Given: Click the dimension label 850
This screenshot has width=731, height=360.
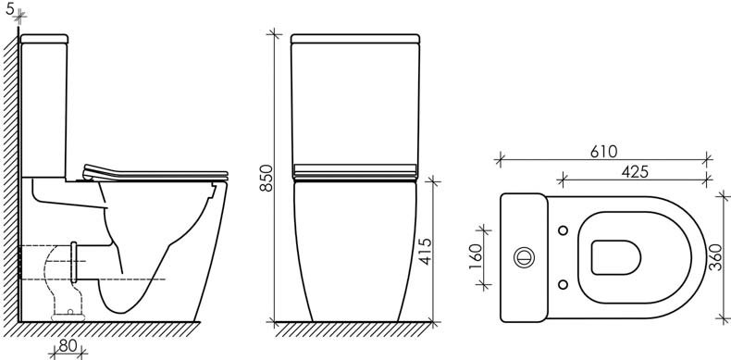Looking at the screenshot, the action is click(266, 178).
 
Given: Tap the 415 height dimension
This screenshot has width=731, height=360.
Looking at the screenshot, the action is click(425, 252).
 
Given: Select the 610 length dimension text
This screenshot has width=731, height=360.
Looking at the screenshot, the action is click(603, 152).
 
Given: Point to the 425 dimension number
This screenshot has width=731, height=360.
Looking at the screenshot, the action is click(635, 172).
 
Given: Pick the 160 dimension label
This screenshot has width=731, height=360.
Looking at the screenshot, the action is click(474, 257).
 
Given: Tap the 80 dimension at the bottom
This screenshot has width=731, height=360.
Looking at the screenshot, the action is click(68, 346).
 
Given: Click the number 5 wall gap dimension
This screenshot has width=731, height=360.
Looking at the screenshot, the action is click(10, 9).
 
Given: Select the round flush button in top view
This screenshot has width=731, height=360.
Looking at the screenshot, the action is click(524, 257).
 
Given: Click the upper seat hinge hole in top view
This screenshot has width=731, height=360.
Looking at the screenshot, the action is click(564, 230).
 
